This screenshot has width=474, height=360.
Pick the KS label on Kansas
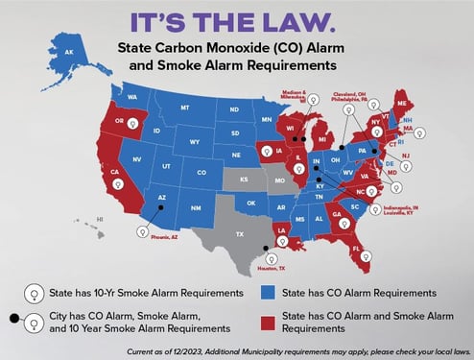pos(243,180)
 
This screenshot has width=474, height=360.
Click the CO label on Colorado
pos(201,172)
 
